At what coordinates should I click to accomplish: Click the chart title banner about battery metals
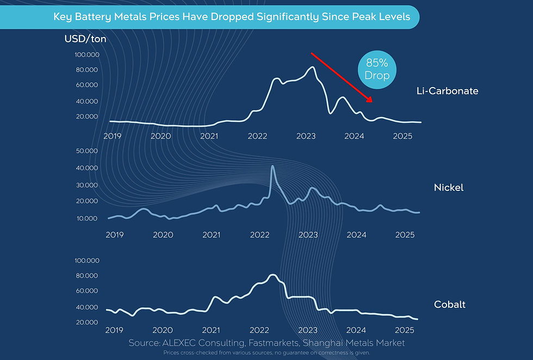pyautogui.click(x=232, y=17)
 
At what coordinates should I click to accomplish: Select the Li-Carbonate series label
pyautogui.click(x=444, y=91)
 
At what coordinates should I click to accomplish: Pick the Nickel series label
pyautogui.click(x=449, y=188)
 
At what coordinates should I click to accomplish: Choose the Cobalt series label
pyautogui.click(x=450, y=305)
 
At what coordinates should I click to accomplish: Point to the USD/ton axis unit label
pyautogui.click(x=85, y=39)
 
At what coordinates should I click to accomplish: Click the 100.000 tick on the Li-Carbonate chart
pyautogui.click(x=85, y=55)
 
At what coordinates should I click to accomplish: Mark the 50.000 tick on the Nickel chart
pyautogui.click(x=85, y=151)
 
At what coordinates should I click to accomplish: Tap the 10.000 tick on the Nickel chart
pyautogui.click(x=85, y=219)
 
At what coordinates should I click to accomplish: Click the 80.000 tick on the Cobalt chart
pyautogui.click(x=85, y=276)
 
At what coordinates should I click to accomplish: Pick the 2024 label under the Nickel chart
pyautogui.click(x=357, y=235)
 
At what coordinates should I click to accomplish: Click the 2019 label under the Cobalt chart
pyautogui.click(x=114, y=330)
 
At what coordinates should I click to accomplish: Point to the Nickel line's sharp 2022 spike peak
pyautogui.click(x=272, y=166)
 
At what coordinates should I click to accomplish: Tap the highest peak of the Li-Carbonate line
pyautogui.click(x=312, y=67)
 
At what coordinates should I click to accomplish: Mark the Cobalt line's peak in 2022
pyautogui.click(x=272, y=275)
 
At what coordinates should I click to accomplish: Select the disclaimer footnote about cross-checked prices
pyautogui.click(x=266, y=353)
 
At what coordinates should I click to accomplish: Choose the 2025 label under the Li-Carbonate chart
pyautogui.click(x=402, y=135)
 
